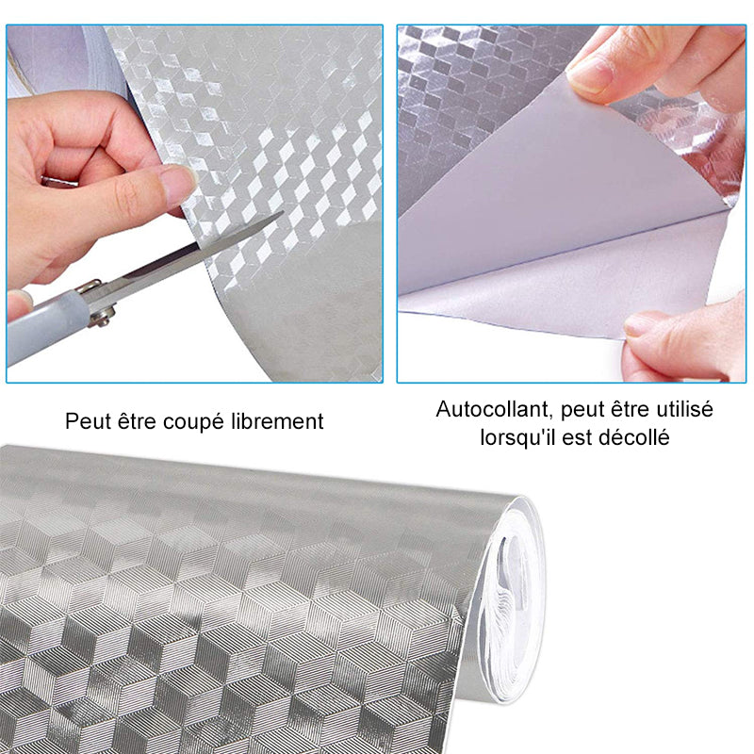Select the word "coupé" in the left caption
pyautogui.click(x=193, y=422)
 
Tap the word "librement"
pyautogui.click(x=277, y=421)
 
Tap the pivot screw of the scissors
pyautogui.click(x=103, y=318)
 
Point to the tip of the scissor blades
pyautogui.click(x=283, y=212)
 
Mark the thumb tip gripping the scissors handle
pyautogui.click(x=18, y=303)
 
